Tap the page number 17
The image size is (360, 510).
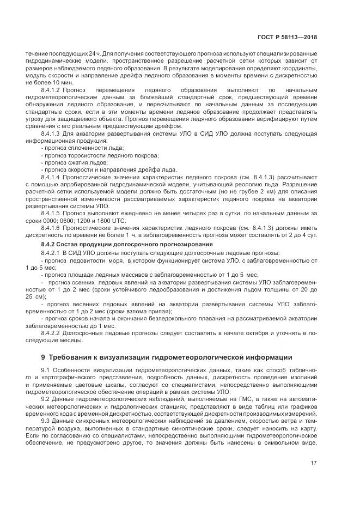point(313,464)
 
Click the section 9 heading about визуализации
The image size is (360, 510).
point(159,357)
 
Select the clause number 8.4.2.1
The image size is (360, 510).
point(52,253)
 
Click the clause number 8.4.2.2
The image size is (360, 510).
point(52,332)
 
